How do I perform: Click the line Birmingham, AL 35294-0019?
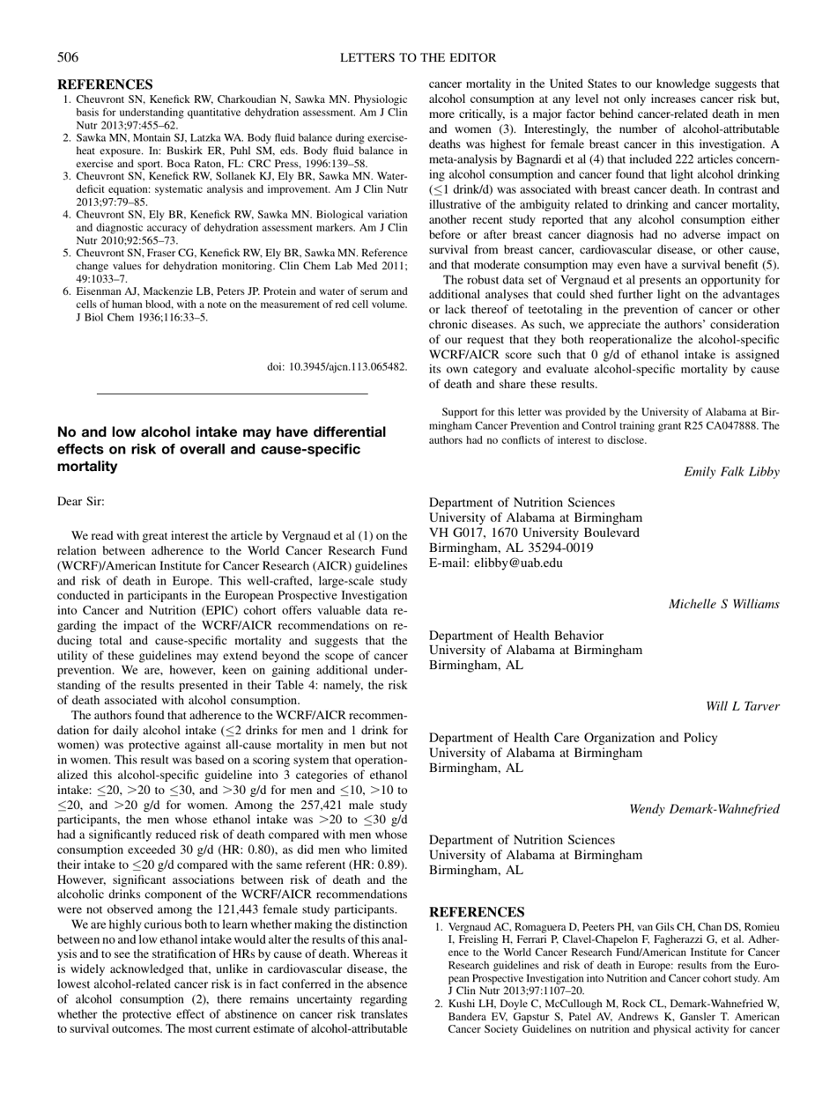pyautogui.click(x=510, y=547)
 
